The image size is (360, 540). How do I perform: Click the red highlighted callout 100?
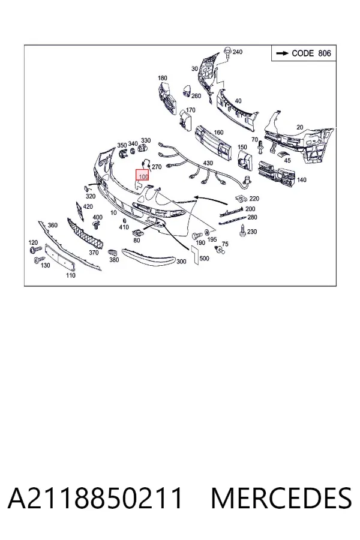[142, 175]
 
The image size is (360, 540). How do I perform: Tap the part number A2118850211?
[95, 497]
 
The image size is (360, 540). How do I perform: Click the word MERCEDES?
[281, 497]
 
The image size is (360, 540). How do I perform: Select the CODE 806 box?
[304, 53]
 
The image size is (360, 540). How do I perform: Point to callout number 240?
[238, 52]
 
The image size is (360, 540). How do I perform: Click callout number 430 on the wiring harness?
[208, 163]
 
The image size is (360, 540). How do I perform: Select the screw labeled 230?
[242, 231]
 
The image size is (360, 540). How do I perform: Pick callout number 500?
[204, 258]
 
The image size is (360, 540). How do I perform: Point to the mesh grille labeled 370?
[86, 234]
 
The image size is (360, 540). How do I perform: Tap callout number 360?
[52, 225]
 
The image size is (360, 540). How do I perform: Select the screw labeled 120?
[35, 248]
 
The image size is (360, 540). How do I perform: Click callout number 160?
[218, 132]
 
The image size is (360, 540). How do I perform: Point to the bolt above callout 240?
[227, 52]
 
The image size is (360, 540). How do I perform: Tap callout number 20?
[300, 127]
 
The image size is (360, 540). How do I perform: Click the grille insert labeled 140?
[277, 173]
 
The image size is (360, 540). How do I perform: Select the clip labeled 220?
[242, 199]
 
